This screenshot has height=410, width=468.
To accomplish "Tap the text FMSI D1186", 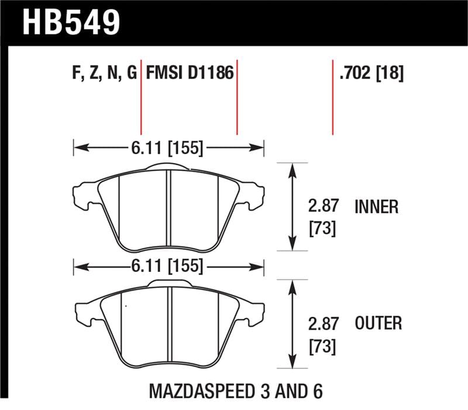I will click(x=189, y=74).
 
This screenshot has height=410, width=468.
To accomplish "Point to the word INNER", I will click(x=377, y=207).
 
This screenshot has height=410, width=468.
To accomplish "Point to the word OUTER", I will click(x=378, y=323).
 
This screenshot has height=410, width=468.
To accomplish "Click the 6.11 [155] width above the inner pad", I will click(x=168, y=148).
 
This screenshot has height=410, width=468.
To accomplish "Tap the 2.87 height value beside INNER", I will click(x=322, y=207).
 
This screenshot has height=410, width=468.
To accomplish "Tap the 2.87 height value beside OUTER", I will click(x=322, y=323).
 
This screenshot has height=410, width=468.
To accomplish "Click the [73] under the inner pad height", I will click(x=322, y=229).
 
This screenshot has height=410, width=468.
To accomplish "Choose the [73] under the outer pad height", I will click(x=322, y=346).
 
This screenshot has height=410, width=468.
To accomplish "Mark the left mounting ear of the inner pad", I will click(x=82, y=196).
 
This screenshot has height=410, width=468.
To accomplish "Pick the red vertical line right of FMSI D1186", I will click(x=237, y=99).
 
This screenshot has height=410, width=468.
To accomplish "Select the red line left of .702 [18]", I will click(x=333, y=96).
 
